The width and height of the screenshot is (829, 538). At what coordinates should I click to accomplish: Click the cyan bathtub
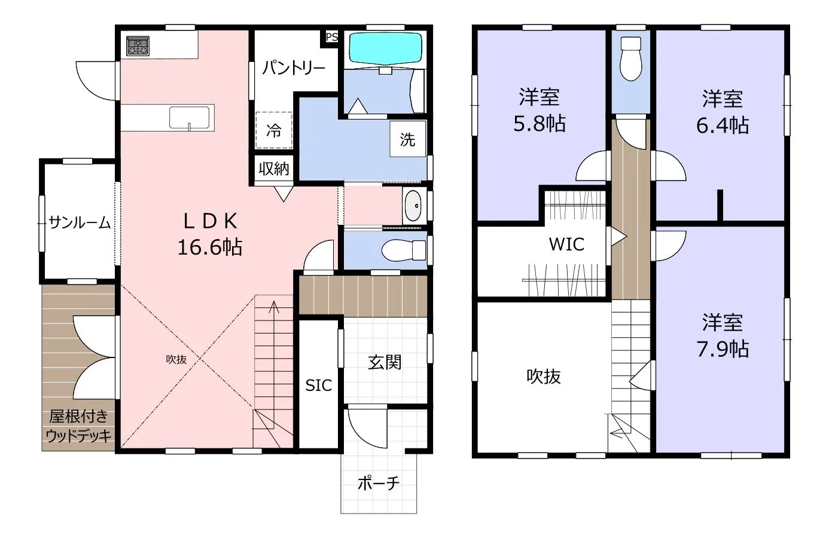(386, 48)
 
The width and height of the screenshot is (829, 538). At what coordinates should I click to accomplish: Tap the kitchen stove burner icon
(138, 46)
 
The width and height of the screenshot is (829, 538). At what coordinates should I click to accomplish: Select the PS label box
(331, 37)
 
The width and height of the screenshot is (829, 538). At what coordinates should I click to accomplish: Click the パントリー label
(294, 68)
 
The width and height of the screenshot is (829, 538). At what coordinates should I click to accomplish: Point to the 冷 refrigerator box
(274, 130)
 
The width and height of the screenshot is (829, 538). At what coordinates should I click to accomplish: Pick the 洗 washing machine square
(407, 139)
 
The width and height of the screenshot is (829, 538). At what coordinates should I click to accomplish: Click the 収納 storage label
(274, 169)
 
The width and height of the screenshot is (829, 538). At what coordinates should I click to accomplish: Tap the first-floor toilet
(404, 250)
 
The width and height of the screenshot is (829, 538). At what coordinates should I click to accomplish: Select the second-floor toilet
(630, 59)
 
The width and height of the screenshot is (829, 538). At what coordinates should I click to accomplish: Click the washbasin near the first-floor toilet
(413, 206)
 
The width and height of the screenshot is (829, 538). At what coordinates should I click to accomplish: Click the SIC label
(318, 386)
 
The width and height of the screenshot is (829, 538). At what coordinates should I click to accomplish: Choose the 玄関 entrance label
(385, 362)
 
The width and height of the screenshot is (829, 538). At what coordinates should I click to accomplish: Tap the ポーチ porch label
(379, 483)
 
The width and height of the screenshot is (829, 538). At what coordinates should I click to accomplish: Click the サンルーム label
(80, 222)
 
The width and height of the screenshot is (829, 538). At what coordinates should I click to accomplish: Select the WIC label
(566, 244)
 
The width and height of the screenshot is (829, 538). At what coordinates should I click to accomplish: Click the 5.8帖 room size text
(540, 124)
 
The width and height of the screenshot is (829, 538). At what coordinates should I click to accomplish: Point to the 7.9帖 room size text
(723, 349)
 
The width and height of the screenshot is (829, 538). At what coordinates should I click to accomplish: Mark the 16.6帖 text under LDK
(210, 247)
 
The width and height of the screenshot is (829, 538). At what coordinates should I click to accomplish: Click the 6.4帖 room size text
(723, 126)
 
